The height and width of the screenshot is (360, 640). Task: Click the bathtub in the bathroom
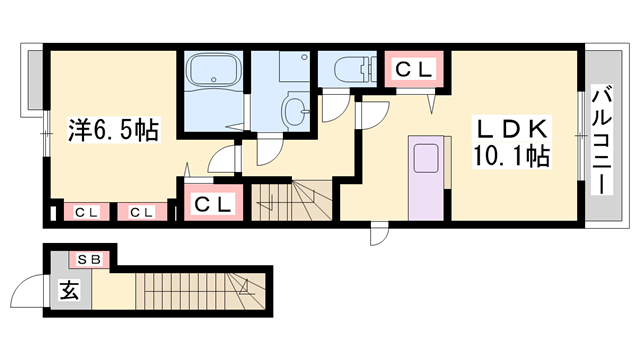212,69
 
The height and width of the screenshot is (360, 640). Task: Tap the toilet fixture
354,68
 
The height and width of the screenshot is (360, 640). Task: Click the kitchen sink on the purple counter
426,159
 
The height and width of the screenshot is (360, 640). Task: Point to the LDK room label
512,129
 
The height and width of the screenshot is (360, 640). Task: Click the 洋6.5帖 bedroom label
113,130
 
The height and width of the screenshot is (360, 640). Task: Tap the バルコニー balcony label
602,141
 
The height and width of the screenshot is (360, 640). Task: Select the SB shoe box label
89,260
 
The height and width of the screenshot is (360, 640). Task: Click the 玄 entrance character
70,291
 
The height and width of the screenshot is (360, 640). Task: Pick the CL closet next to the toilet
414,70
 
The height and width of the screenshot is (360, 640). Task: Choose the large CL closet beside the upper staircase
214,203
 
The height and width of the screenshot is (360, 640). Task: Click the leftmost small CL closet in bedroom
86,212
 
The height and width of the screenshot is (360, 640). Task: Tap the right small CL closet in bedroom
142,212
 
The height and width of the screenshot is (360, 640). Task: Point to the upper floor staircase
291,201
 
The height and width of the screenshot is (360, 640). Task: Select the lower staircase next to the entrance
200,291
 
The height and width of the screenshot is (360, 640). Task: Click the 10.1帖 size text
511,156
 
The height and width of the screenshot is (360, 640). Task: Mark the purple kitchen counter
426,178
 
